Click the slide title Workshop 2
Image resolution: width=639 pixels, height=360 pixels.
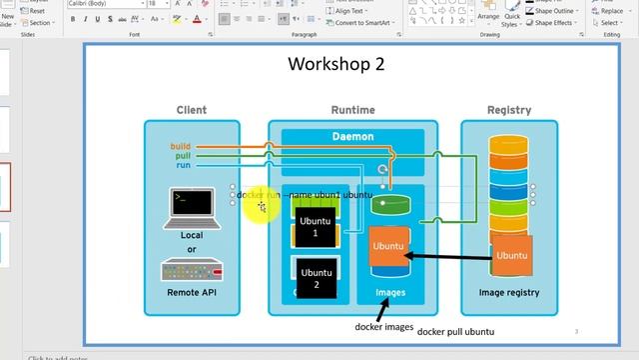335,65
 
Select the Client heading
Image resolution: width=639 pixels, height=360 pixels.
192,110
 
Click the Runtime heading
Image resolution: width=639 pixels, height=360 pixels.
352,110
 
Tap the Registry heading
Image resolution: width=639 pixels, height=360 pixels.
508,110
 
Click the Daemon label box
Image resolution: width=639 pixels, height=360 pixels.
352,136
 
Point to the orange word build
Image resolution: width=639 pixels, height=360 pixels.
180,147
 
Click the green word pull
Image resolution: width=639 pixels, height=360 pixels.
182,156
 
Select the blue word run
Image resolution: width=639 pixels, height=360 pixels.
183,166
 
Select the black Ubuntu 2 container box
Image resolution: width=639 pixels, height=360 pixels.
316,278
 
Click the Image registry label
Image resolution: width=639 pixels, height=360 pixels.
508,293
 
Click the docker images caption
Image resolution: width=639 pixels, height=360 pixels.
384,326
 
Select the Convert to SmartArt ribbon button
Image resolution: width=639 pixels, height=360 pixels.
362,22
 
